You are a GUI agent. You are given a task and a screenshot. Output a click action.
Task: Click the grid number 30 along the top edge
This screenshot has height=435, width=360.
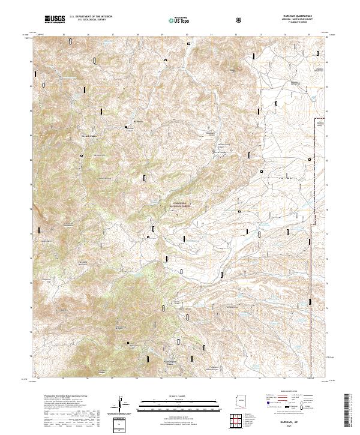tap(187, 35)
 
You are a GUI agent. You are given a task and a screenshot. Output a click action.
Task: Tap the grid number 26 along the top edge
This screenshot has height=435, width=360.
tap(88, 35)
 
